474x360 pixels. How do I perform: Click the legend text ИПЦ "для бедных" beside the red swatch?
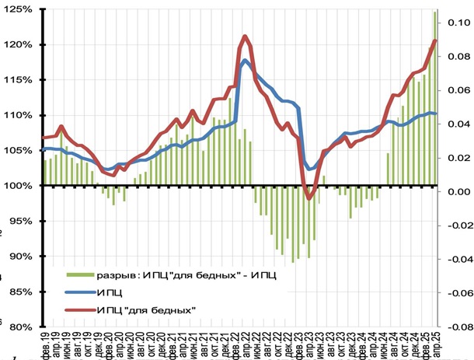[146, 310]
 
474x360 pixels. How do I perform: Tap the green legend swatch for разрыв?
[78, 275]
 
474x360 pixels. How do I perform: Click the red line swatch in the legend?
[78, 310]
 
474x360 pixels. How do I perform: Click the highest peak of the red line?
[245, 36]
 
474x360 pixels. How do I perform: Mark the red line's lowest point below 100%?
[309, 198]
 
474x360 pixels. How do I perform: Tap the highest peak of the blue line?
[246, 60]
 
